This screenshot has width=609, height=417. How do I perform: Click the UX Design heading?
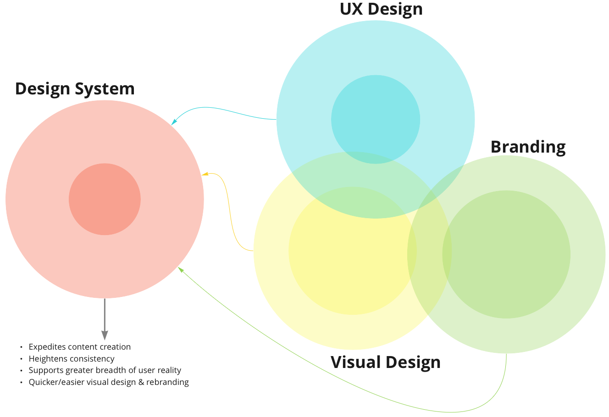click(x=381, y=9)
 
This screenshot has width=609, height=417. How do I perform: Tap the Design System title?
click(x=75, y=88)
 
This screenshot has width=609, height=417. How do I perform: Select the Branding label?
click(x=528, y=147)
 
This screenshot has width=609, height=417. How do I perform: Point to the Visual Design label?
click(x=385, y=362)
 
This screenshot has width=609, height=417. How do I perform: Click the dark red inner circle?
click(x=105, y=199)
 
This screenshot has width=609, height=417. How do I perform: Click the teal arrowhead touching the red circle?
click(x=174, y=122)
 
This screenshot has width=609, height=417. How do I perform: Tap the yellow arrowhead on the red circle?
click(x=205, y=174)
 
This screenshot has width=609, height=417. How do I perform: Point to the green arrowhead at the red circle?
click(x=181, y=269)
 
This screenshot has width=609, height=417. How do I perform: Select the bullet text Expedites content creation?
click(x=80, y=347)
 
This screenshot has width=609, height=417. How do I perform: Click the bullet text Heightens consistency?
click(x=72, y=359)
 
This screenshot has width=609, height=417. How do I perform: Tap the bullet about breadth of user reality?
click(x=105, y=370)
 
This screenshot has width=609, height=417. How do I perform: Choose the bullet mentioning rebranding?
click(x=109, y=382)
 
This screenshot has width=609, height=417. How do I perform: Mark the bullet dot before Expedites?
click(x=21, y=347)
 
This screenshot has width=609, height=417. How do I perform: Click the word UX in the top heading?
click(x=351, y=9)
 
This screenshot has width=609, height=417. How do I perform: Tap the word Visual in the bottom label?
click(x=356, y=362)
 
